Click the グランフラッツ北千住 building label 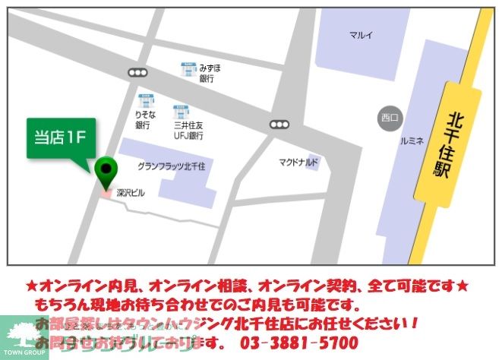click(x=169, y=166)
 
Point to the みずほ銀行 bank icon click(x=188, y=70)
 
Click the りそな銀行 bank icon click(x=146, y=99)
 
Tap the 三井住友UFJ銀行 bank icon click(x=181, y=112)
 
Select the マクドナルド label click(x=298, y=162)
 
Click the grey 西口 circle click(x=389, y=118)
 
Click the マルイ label click(x=358, y=36)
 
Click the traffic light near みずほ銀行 click(x=137, y=73)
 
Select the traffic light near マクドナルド click(x=279, y=124)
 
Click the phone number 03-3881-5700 click(x=300, y=343)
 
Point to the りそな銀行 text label click(x=144, y=120)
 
